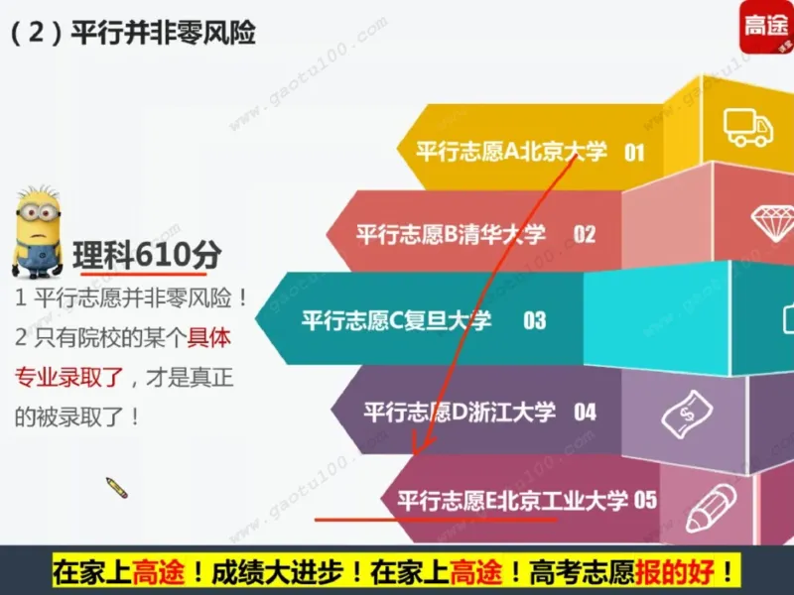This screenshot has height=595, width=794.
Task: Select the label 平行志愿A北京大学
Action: coord(510,152)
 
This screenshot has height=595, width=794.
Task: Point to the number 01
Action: coord(634,153)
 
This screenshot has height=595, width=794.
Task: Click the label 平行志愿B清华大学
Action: coord(451,234)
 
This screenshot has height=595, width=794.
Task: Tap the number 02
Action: coord(585,235)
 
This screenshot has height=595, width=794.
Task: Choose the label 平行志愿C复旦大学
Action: coord(396,320)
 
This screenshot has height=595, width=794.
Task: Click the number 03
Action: coord(535,320)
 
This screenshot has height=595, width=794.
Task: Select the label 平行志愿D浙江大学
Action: coord(460,411)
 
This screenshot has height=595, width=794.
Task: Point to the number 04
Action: coord(585,411)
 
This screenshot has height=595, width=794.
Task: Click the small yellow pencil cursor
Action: coord(117,487)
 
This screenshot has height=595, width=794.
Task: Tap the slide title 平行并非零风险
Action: coord(164,33)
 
